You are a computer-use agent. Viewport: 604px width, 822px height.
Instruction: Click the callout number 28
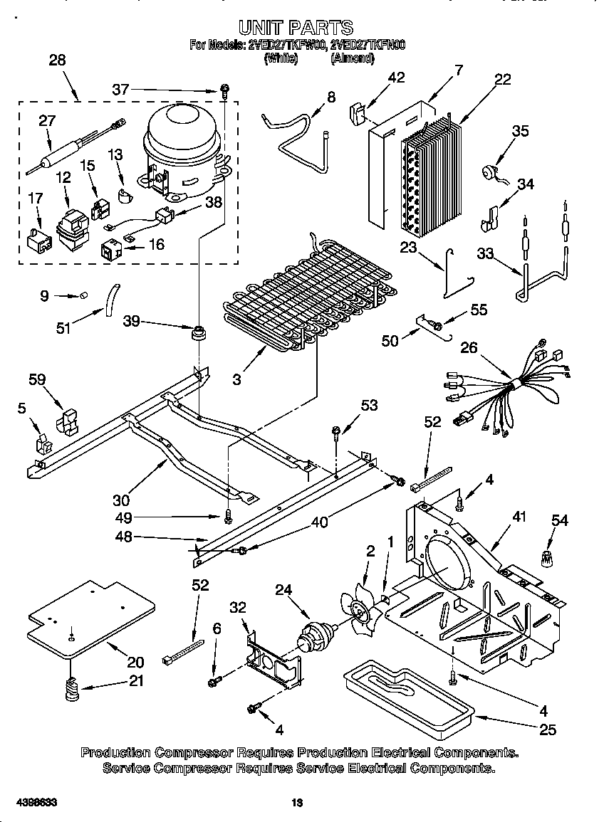click(x=57, y=60)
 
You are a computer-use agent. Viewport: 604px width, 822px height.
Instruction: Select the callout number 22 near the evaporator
click(x=502, y=80)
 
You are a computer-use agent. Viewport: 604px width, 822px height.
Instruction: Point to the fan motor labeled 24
click(x=313, y=636)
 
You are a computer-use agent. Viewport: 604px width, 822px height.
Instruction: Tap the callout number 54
click(x=560, y=520)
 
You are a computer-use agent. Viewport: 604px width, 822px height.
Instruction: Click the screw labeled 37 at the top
click(x=224, y=90)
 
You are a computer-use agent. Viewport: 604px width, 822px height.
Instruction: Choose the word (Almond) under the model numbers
click(x=352, y=59)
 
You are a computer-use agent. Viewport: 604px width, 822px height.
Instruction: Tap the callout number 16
click(x=155, y=244)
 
